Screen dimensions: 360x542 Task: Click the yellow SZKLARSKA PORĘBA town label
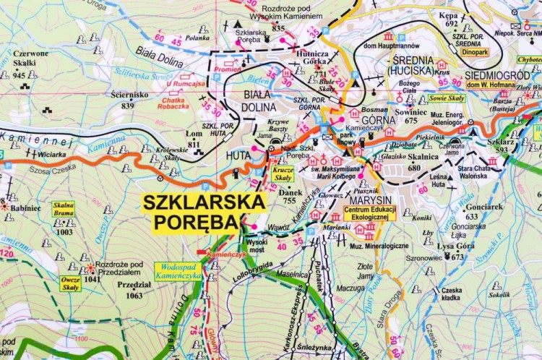tap(193, 211)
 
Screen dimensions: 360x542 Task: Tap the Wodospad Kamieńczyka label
tap(178, 271)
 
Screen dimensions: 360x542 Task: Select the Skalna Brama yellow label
tap(64, 209)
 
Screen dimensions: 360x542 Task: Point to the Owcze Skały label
tap(70, 283)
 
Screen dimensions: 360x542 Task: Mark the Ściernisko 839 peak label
tap(129, 100)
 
